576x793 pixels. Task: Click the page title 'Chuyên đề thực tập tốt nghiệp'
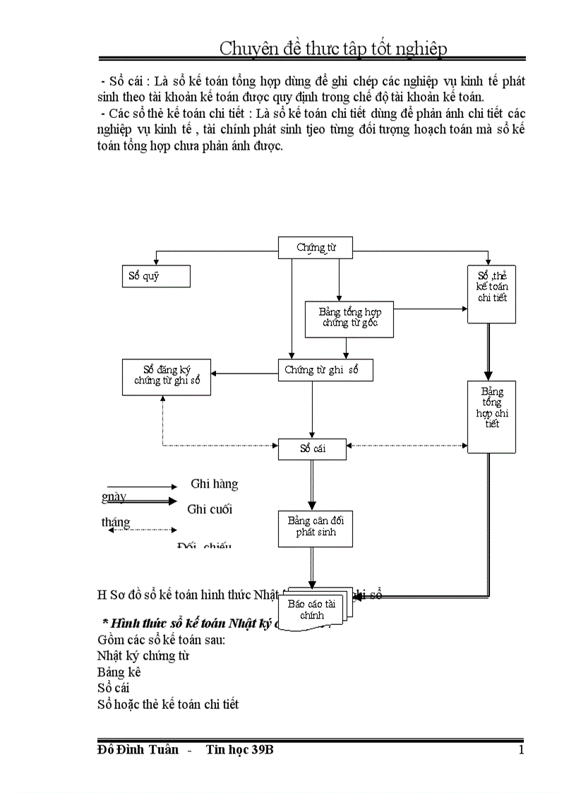[332, 48]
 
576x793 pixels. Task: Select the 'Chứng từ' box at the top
[316, 247]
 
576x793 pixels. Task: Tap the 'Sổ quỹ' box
[156, 276]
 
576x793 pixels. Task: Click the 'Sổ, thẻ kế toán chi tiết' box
[492, 294]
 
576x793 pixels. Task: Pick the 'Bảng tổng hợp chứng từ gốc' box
[349, 318]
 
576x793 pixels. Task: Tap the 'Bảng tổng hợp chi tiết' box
[491, 416]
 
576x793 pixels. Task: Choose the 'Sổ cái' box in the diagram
[312, 448]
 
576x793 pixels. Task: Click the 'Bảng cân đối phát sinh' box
[316, 528]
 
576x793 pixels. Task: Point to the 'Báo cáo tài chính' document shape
[311, 609]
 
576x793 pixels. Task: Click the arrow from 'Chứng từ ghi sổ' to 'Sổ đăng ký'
[244, 374]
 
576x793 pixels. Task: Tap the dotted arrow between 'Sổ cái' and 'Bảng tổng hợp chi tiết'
[407, 446]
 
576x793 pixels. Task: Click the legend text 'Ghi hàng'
[214, 484]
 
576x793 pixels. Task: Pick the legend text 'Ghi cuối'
[210, 509]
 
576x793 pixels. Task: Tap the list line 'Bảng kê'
[119, 672]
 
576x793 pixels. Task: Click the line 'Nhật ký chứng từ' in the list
[143, 655]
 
